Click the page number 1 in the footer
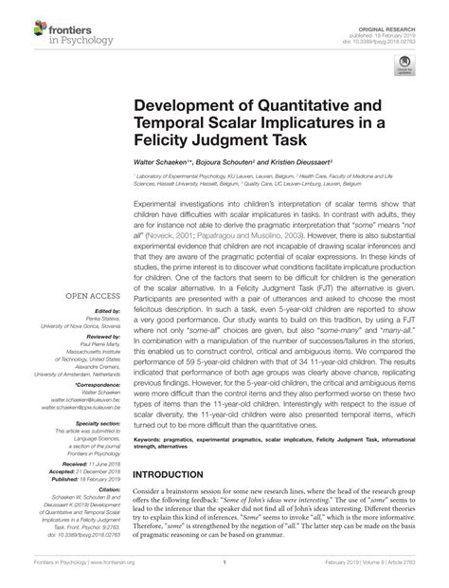221,575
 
